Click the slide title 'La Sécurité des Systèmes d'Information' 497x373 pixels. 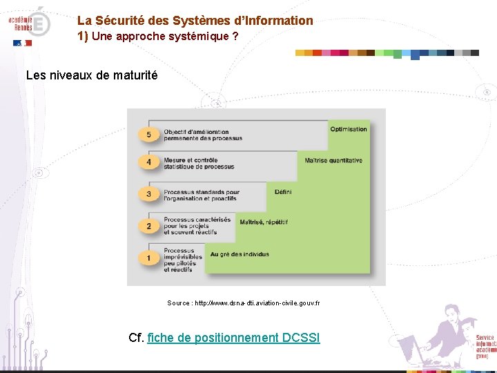(195, 21)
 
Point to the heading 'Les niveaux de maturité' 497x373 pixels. (92, 75)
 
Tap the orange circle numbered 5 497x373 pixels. (148, 134)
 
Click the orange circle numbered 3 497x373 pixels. (148, 194)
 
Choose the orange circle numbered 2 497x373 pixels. (148, 226)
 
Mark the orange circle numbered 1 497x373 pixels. (148, 258)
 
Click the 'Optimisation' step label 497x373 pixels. (349, 129)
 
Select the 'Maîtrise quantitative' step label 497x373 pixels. (333, 160)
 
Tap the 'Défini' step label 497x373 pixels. (283, 192)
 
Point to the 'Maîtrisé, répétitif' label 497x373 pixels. (263, 222)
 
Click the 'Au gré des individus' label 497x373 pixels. (240, 254)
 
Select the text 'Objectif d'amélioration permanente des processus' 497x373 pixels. (203, 135)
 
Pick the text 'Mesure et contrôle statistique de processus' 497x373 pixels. (199, 164)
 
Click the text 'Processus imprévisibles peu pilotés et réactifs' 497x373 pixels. (183, 260)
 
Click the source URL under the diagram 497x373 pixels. (243, 303)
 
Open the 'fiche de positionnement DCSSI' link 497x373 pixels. (234, 338)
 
